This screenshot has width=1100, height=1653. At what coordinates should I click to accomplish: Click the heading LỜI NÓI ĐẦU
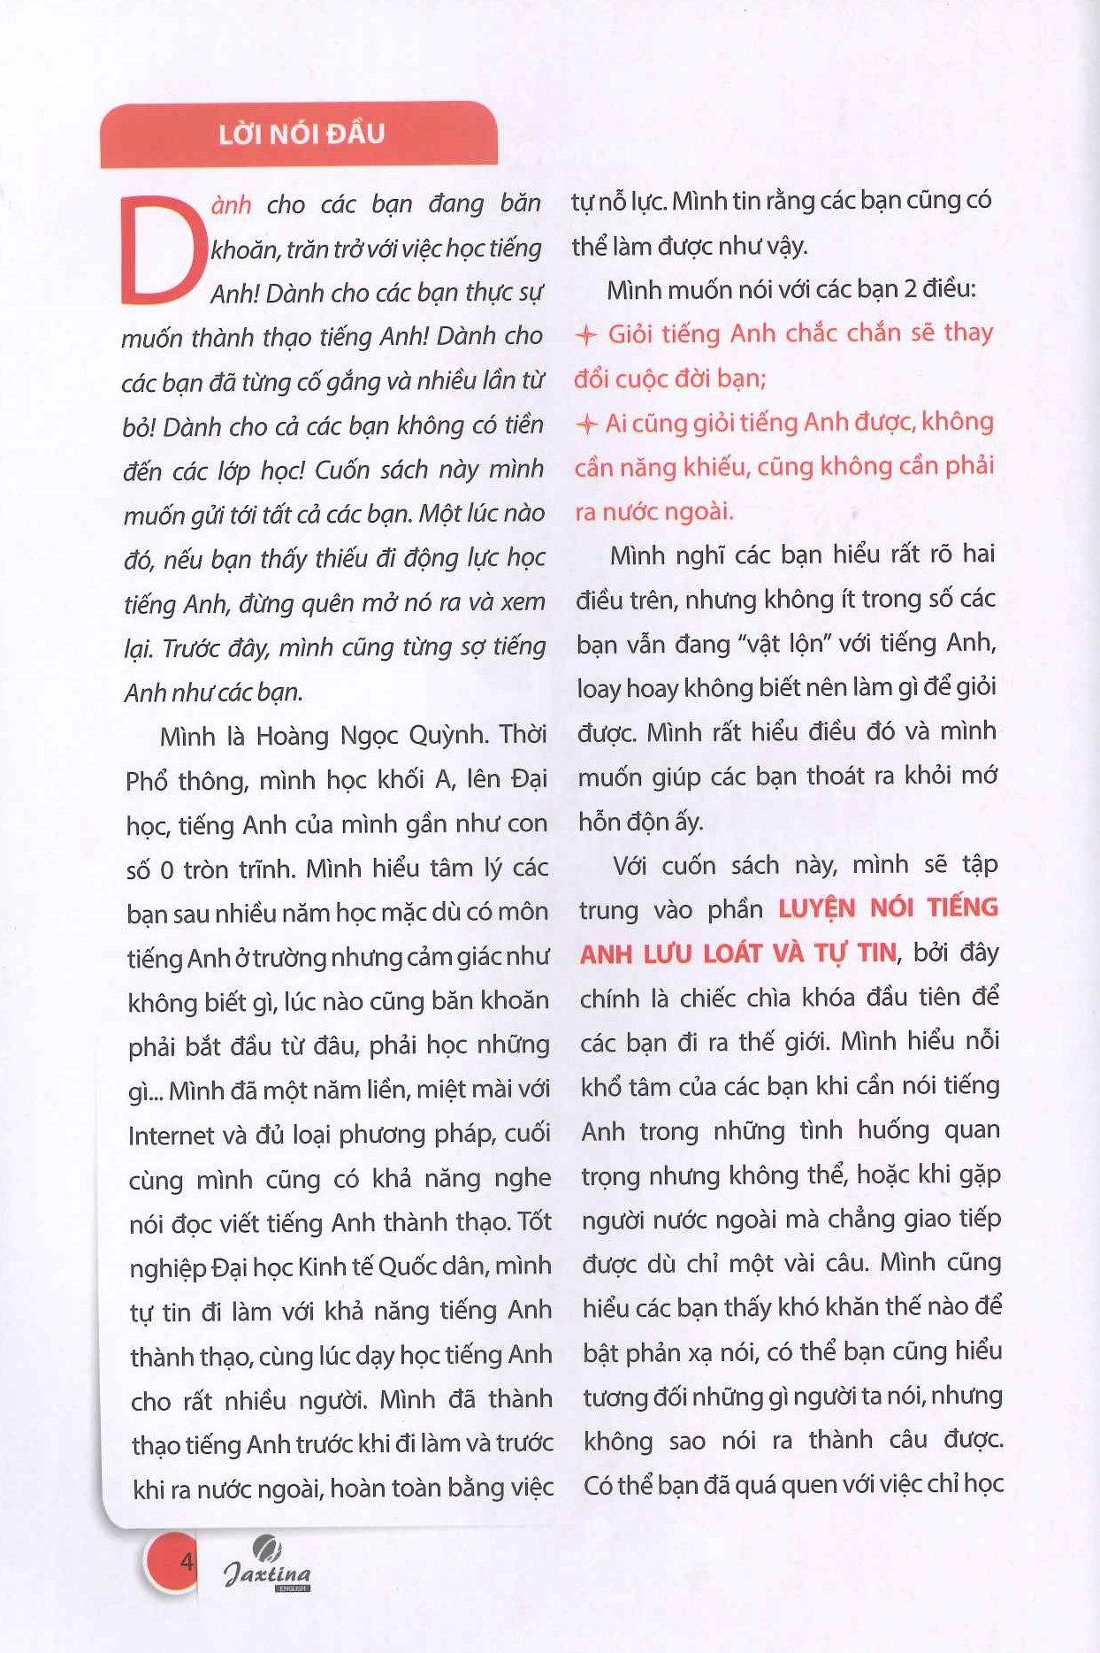click(302, 134)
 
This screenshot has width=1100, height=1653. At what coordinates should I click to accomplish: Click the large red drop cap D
click(160, 250)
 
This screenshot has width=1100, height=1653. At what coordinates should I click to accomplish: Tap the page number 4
click(186, 1561)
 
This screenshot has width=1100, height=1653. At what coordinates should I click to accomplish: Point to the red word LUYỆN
click(817, 908)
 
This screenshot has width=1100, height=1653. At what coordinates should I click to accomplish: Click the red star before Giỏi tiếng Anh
click(586, 335)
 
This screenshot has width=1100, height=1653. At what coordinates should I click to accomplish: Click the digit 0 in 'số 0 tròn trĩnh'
click(166, 870)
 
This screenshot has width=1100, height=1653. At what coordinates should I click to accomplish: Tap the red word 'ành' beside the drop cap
click(231, 205)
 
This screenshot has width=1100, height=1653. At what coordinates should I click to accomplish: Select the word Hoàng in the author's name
click(291, 736)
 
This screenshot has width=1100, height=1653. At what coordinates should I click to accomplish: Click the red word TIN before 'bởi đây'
click(876, 953)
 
